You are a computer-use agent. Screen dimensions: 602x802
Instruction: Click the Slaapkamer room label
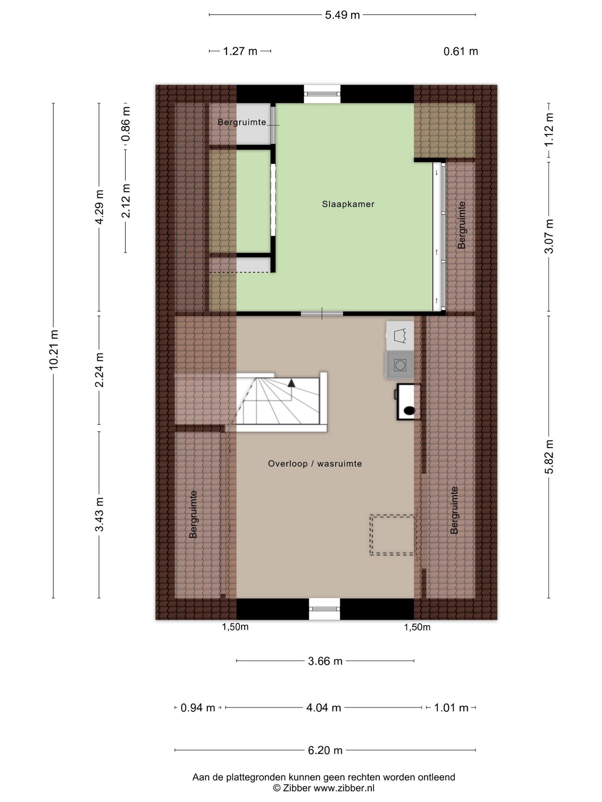pos(348,204)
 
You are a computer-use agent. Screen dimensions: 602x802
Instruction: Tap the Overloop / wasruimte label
pos(315,464)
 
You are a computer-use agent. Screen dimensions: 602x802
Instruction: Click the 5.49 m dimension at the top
pos(342,15)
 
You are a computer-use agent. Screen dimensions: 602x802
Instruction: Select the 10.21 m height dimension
pos(54,350)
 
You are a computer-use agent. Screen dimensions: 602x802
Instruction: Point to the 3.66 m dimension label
pos(325,661)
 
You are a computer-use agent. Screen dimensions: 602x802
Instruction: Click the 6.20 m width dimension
pos(325,750)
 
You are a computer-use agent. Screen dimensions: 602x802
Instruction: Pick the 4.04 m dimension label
pos(324,708)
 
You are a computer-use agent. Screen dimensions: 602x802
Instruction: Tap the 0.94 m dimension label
pos(198,708)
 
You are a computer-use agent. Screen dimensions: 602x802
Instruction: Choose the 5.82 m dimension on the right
pos(549,456)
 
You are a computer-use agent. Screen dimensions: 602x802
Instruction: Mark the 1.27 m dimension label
pos(240,51)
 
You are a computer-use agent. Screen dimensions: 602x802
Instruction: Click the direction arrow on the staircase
pos(291,382)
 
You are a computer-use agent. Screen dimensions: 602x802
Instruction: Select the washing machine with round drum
pos(400,365)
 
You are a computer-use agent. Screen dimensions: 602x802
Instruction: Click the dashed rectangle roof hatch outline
pos(392,535)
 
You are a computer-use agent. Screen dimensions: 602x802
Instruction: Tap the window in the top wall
pos(322,94)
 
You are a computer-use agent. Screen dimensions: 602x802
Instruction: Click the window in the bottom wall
pos(324,609)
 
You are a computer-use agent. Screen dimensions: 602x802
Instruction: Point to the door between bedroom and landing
pos(322,313)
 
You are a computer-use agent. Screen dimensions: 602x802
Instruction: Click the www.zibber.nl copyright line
pos(324,788)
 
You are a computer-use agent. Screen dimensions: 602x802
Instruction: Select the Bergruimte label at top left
pos(242,122)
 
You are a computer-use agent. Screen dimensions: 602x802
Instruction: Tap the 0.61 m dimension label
pos(461,51)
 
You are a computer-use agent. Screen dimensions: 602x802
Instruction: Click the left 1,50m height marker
pos(235,627)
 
